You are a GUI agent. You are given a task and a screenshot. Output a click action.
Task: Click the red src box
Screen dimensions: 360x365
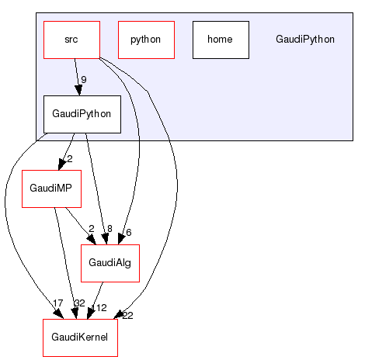click(71, 40)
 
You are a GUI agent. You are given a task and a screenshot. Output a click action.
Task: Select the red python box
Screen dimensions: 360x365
click(146, 40)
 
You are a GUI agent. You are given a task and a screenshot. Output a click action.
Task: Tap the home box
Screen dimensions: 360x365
click(221, 40)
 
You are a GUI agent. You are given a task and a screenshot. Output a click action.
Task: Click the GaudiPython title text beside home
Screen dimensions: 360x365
click(305, 40)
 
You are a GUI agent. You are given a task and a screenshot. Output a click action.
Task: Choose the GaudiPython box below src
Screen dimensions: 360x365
click(82, 114)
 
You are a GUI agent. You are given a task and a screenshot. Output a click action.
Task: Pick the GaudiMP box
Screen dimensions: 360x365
click(51, 189)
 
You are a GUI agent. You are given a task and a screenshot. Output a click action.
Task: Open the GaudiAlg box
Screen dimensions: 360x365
click(109, 263)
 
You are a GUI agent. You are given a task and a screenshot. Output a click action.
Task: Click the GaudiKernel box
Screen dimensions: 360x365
click(80, 337)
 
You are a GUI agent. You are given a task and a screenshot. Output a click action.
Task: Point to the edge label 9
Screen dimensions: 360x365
click(84, 79)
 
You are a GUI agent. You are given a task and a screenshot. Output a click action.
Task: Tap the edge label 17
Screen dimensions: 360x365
click(57, 303)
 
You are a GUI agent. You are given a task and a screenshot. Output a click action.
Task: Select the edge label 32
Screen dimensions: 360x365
click(78, 303)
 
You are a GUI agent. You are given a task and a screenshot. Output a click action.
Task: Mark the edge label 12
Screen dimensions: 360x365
click(101, 308)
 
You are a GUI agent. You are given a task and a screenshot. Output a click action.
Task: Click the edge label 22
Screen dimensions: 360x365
click(128, 315)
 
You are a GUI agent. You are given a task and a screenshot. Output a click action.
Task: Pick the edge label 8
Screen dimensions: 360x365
click(109, 229)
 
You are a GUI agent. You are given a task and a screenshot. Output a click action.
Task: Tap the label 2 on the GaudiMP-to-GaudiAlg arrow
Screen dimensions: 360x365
click(91, 229)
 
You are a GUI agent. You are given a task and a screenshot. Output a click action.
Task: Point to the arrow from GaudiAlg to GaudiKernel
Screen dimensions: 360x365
click(97, 299)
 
